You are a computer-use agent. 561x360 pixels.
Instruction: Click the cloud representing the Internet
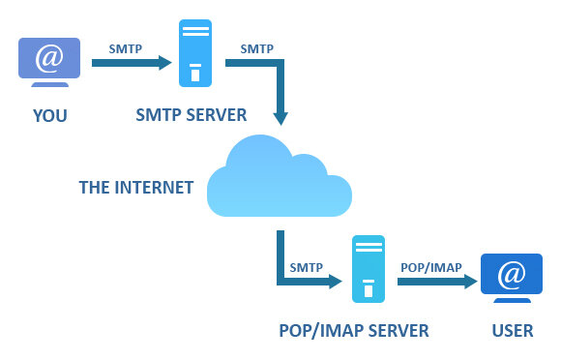click(x=279, y=181)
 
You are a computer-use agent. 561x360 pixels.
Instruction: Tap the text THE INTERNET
click(x=135, y=187)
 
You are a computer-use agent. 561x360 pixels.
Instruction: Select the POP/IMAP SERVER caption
click(x=352, y=331)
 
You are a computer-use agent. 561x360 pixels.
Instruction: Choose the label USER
click(x=512, y=331)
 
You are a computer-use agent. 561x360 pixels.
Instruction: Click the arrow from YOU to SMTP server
click(x=131, y=65)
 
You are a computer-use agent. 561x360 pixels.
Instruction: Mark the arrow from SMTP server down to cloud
click(x=279, y=92)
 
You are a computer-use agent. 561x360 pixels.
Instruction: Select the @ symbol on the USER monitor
click(x=512, y=276)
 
